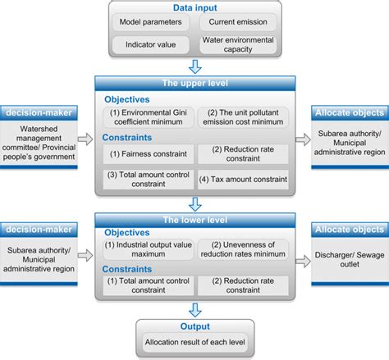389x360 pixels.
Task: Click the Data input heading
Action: (194, 7)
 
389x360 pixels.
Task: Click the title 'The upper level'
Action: (194, 83)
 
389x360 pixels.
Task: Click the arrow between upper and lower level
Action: (194, 203)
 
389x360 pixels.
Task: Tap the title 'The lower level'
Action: (194, 220)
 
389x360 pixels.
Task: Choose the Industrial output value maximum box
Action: (148, 248)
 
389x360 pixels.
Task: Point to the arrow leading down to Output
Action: (194, 310)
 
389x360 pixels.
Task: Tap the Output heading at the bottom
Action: (194, 327)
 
